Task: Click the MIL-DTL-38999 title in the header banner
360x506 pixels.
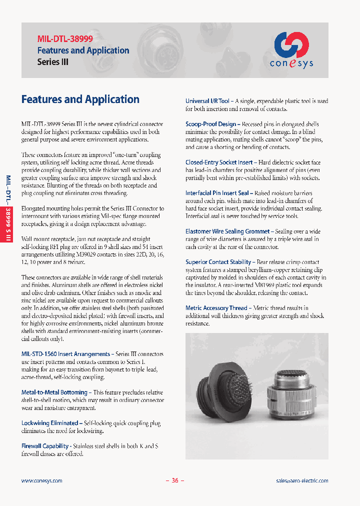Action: (65, 38)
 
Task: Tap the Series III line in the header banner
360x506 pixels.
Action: (53, 62)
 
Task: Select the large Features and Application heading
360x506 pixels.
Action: (80, 99)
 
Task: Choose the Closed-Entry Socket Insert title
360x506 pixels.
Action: (219, 162)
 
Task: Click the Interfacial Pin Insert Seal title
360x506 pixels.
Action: (217, 193)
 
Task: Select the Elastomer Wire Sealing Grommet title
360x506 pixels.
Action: (227, 231)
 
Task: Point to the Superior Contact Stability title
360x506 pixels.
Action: (218, 262)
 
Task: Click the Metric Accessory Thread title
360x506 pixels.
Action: (216, 308)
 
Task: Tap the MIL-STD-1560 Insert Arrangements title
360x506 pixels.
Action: (65, 354)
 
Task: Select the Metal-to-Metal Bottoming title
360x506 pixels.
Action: (54, 392)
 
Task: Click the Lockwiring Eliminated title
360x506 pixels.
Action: (50, 423)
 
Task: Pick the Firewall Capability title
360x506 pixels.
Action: (45, 446)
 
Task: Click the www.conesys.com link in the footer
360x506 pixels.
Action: (42, 480)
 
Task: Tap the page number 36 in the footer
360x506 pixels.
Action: (175, 480)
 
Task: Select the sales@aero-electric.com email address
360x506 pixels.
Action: (302, 480)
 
